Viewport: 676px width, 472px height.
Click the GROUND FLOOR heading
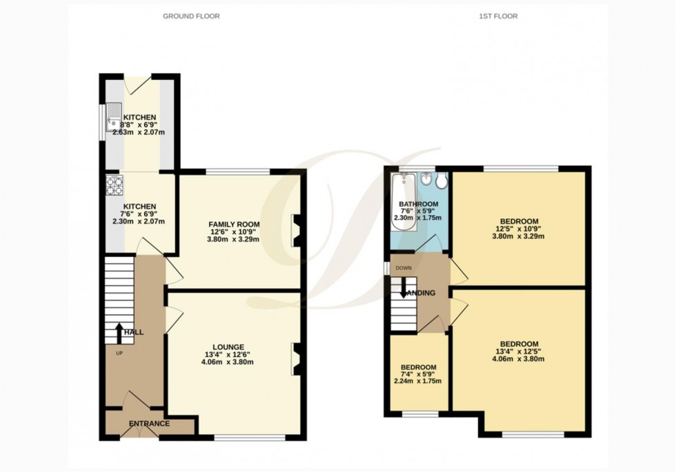click(x=191, y=16)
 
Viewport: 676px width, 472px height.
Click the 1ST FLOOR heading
click(x=498, y=16)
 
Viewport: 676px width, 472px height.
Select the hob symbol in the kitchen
click(x=113, y=184)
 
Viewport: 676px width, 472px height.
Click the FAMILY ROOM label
click(x=235, y=225)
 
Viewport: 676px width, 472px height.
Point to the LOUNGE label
click(x=228, y=347)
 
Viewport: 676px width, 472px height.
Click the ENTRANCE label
click(x=150, y=423)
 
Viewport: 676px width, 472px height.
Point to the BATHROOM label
click(x=419, y=205)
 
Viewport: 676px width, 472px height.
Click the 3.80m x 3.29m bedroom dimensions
click(x=518, y=236)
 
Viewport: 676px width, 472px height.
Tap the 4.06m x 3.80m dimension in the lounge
click(x=228, y=362)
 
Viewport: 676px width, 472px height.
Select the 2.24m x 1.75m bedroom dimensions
click(x=418, y=381)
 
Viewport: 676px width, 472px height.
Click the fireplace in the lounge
click(x=295, y=359)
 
